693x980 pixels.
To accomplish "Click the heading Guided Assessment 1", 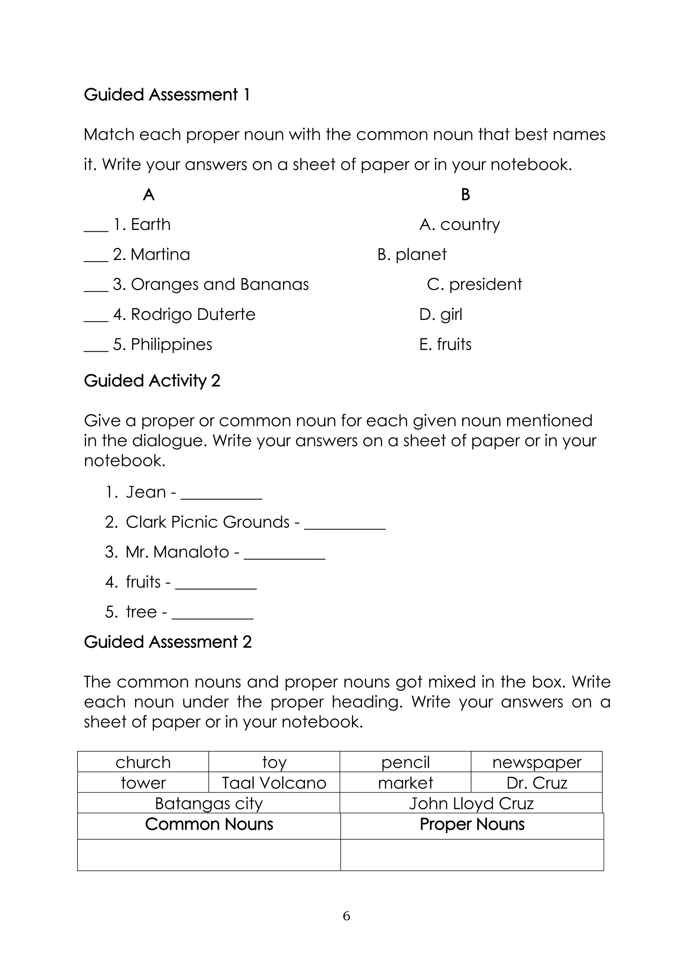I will click(x=166, y=95).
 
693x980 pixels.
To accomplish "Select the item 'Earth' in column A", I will click(x=150, y=224).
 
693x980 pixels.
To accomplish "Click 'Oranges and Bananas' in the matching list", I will click(x=219, y=285).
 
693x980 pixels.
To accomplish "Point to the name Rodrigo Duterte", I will click(x=193, y=315).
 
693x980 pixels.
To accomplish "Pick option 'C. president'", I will click(x=474, y=285).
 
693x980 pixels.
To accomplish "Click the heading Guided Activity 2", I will click(x=152, y=381).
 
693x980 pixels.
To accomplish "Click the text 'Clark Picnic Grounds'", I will click(x=207, y=522).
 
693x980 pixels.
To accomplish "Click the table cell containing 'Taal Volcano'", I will click(x=274, y=783).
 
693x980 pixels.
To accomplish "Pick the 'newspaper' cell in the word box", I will click(x=536, y=762).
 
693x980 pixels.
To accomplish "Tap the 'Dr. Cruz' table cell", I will click(x=536, y=783).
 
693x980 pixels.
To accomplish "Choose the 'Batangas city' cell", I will click(x=209, y=803).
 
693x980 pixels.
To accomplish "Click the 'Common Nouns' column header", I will click(x=209, y=824).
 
